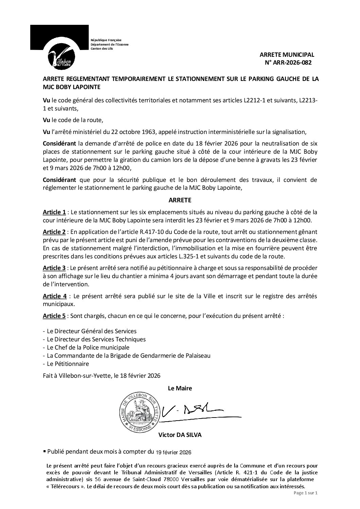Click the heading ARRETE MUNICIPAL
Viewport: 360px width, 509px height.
[287, 54]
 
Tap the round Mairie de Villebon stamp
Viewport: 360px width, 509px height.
[139, 412]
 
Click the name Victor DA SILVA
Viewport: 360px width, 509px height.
[180, 435]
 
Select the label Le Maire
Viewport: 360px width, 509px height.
[180, 388]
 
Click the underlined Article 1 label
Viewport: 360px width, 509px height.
[54, 212]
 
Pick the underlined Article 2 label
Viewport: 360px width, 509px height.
[54, 232]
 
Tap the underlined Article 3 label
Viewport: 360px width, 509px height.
[54, 268]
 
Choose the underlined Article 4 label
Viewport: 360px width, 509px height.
[54, 296]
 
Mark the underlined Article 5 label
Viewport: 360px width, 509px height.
[54, 316]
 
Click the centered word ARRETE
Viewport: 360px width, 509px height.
[180, 200]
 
